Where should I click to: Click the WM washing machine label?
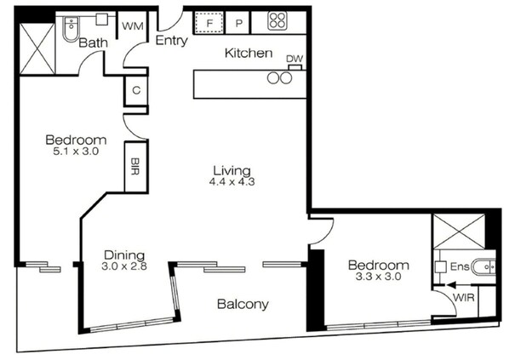pos(133,26)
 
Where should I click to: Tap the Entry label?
pos(172,41)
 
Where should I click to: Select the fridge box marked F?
pos(209,23)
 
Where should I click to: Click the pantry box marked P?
pos(239,23)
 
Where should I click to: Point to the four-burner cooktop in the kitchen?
pos(277,20)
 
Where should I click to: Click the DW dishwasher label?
pos(295,59)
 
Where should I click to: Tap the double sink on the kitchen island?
pos(279,78)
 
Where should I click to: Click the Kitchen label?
pos(249,53)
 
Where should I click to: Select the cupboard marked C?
pos(136,90)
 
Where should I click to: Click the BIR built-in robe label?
pos(134,166)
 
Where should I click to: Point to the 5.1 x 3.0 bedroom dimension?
pos(76,151)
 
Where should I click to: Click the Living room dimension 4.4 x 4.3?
pos(232,182)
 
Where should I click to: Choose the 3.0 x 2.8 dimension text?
pos(124,266)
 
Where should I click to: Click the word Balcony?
pos(243,305)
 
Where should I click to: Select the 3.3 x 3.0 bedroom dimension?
pos(379,277)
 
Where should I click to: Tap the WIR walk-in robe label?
pos(464,297)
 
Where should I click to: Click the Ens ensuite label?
pos(460,267)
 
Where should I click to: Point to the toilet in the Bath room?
pos(71,29)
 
